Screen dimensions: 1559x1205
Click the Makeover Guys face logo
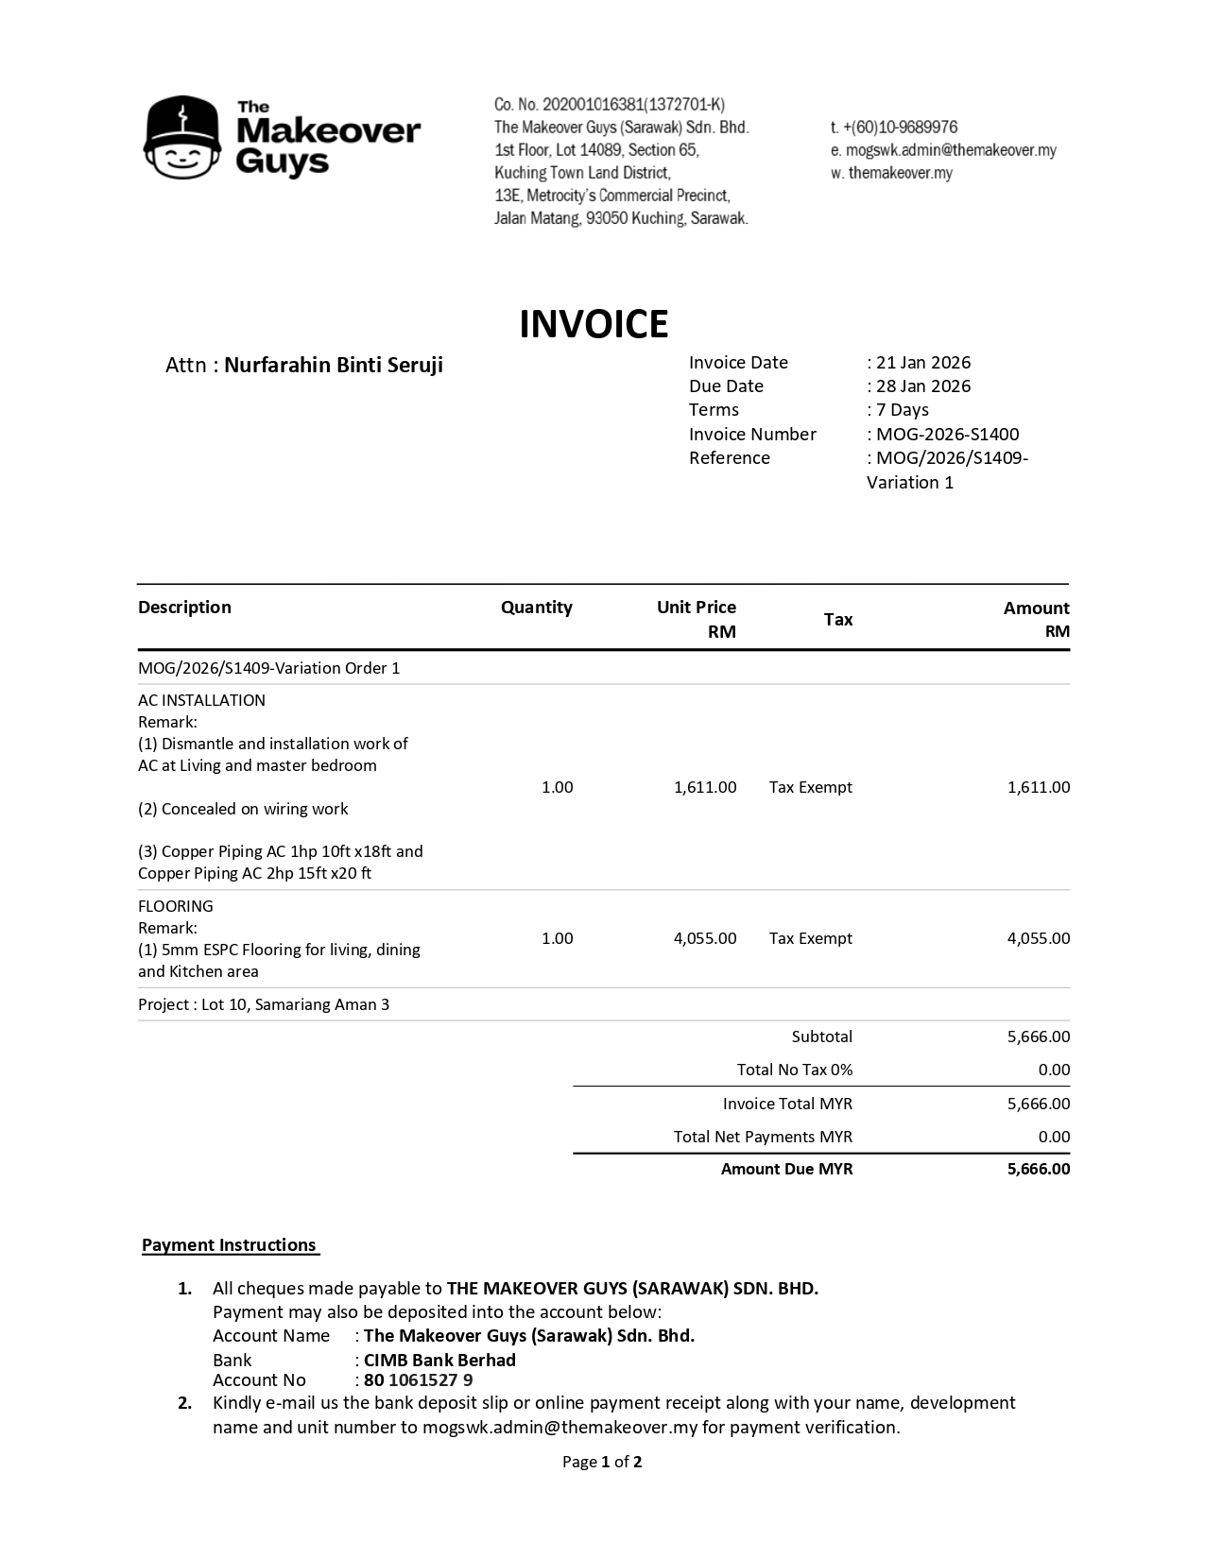click(183, 138)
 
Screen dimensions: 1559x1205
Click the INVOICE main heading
click(594, 324)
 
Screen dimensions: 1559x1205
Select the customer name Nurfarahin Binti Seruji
click(334, 366)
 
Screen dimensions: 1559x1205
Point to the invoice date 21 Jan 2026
click(923, 363)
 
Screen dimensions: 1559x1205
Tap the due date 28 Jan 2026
click(923, 386)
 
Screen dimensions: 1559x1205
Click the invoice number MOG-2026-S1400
click(947, 435)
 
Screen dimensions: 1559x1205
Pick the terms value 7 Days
click(903, 410)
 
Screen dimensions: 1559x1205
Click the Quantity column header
click(536, 608)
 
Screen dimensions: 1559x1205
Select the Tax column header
click(838, 620)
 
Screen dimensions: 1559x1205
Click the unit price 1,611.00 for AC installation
click(705, 787)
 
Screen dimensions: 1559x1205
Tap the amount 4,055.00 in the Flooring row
click(1039, 938)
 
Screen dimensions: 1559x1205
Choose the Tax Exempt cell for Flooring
click(810, 938)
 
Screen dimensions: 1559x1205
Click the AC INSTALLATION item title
click(201, 700)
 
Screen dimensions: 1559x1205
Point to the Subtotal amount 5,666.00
click(1039, 1036)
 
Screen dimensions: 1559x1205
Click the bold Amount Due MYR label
click(786, 1170)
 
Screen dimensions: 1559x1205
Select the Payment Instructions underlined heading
click(230, 1245)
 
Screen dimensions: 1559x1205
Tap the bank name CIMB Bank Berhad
click(439, 1361)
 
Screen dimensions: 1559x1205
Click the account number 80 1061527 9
click(418, 1380)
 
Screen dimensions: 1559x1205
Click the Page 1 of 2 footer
click(602, 1463)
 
